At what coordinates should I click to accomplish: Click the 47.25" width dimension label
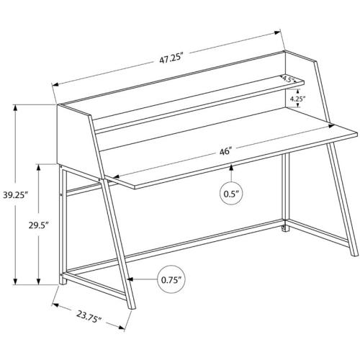(x=171, y=59)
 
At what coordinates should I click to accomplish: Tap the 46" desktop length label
(x=225, y=152)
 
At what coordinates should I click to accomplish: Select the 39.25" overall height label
(x=16, y=195)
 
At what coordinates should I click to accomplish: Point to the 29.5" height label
(x=39, y=225)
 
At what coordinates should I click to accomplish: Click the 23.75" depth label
(x=89, y=317)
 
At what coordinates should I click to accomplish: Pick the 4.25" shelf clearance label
(x=297, y=99)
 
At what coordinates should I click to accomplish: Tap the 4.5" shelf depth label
(x=288, y=78)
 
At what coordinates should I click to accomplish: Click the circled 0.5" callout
(x=231, y=194)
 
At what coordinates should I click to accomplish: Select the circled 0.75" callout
(x=172, y=279)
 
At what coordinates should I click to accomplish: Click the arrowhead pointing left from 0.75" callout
(x=130, y=279)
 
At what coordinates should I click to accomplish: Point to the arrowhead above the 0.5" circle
(x=231, y=168)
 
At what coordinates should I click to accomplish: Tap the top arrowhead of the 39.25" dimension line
(x=16, y=107)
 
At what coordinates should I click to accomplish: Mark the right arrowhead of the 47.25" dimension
(x=278, y=32)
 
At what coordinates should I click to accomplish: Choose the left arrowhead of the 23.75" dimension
(x=55, y=305)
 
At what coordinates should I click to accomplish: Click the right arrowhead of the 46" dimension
(x=332, y=125)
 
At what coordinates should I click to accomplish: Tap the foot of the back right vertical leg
(x=286, y=230)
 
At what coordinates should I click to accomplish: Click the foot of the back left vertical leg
(x=63, y=283)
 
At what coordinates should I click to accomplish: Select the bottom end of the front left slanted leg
(x=132, y=307)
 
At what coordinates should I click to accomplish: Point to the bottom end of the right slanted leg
(x=354, y=254)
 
